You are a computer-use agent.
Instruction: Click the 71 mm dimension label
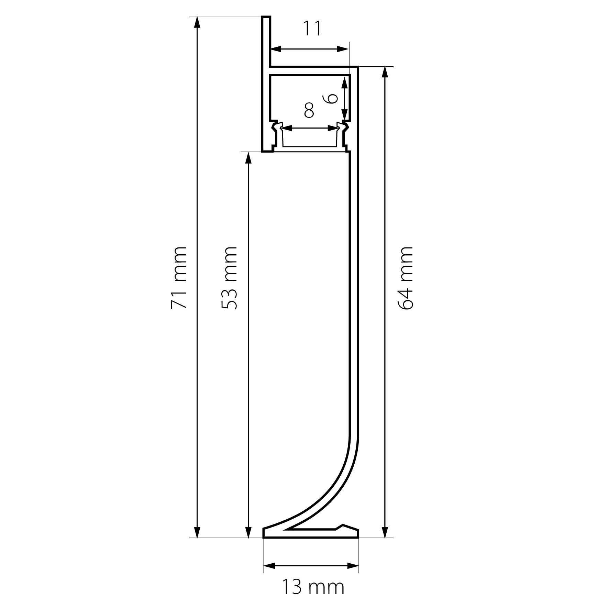tap(179, 277)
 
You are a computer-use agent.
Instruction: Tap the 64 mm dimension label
tap(405, 277)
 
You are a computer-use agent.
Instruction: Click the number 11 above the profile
tap(312, 29)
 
